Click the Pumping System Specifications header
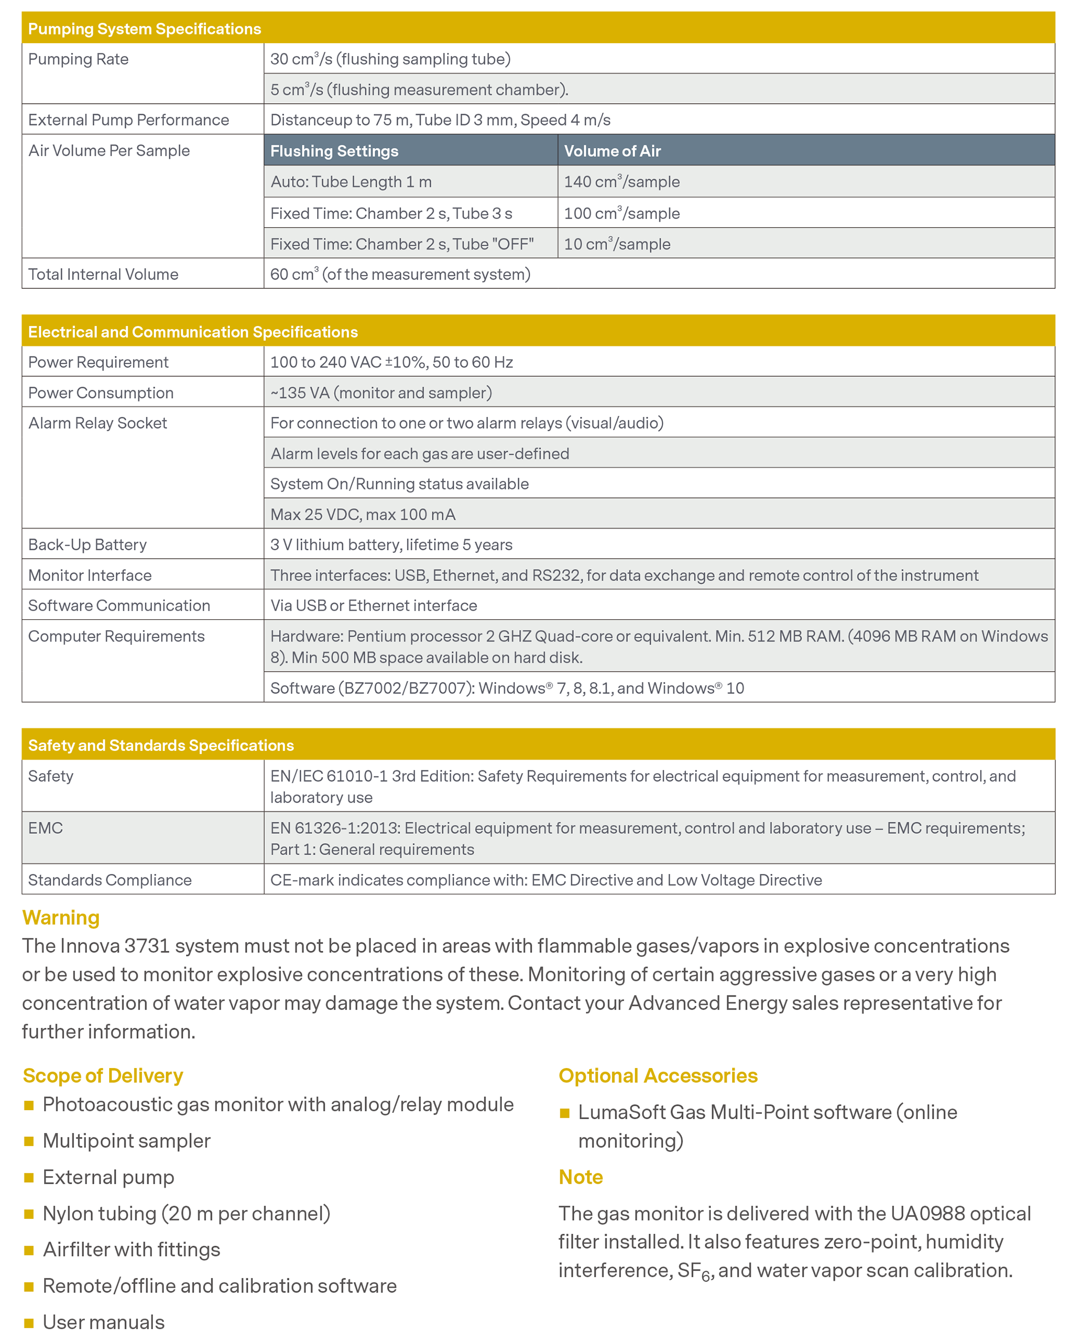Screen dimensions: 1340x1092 [x=144, y=29]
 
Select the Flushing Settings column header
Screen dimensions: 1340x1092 [x=334, y=151]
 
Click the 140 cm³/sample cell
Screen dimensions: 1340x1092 [x=621, y=182]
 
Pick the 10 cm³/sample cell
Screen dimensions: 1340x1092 [x=617, y=244]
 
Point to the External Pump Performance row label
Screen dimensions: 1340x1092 [x=128, y=120]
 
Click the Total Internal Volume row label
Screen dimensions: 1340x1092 [x=103, y=274]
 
